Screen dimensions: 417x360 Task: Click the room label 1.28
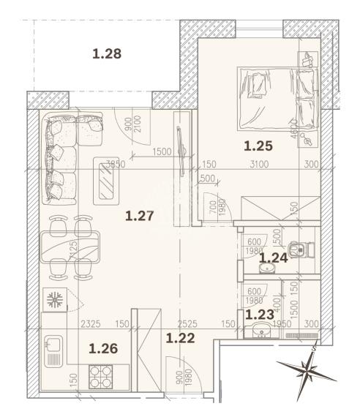[x=106, y=53]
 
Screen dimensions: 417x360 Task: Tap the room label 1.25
[x=258, y=146]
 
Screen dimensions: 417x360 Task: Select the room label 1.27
[x=138, y=215]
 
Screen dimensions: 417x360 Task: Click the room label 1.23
[x=259, y=315]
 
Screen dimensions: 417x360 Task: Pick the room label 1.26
[x=103, y=349]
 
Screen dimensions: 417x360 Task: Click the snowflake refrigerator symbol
[x=54, y=301]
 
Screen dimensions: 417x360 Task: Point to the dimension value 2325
[x=91, y=323]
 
